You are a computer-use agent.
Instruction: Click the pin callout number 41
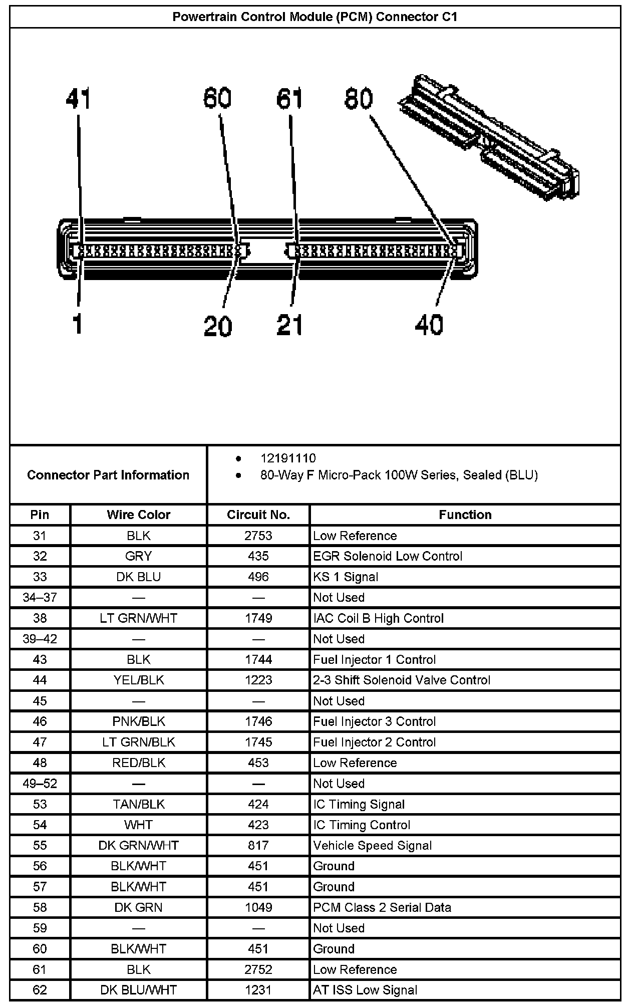[x=78, y=99]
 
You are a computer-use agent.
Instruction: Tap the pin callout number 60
[x=217, y=98]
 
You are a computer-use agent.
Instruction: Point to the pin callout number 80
[x=359, y=99]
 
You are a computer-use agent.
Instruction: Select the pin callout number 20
[x=218, y=326]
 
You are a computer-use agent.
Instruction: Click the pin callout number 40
[x=429, y=325]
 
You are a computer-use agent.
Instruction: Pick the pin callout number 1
[x=77, y=324]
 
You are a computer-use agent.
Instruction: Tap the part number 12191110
[x=288, y=458]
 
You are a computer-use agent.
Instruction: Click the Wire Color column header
[x=138, y=515]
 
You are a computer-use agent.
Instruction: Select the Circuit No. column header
[x=258, y=515]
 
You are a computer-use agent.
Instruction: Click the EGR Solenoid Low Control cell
[x=388, y=556]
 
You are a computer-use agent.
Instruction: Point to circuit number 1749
[x=258, y=618]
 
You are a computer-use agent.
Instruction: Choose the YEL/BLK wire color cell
[x=138, y=680]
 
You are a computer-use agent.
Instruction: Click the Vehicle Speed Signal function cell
[x=372, y=846]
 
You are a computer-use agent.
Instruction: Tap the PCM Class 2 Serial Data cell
[x=382, y=907]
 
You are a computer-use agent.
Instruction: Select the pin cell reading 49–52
[x=40, y=784]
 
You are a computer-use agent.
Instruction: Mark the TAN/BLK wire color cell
[x=138, y=804]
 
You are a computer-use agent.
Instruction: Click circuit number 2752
[x=258, y=969]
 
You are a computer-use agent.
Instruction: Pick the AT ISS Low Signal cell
[x=365, y=990]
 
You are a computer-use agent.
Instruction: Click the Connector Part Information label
[x=108, y=475]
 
